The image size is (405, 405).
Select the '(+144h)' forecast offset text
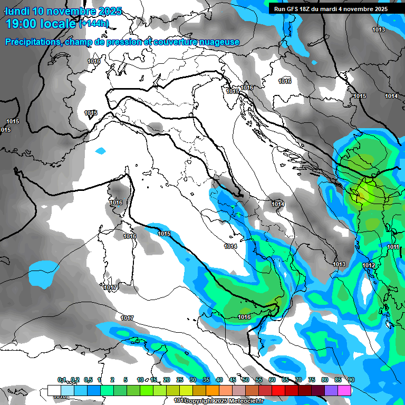pyautogui.click(x=94, y=23)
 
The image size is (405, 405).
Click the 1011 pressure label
pyautogui.click(x=393, y=247)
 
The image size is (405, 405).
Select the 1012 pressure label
pyautogui.click(x=369, y=265)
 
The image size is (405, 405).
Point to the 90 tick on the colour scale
pyautogui.click(x=351, y=380)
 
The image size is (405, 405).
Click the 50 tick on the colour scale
pyautogui.click(x=246, y=380)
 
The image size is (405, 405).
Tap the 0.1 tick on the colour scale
pyautogui.click(x=62, y=380)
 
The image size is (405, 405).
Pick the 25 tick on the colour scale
pyautogui.click(x=180, y=380)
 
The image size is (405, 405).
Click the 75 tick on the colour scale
pyautogui.click(x=312, y=380)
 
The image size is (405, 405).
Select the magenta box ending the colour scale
pyautogui.click(x=344, y=390)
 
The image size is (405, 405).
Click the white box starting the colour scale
pyautogui.click(x=54, y=390)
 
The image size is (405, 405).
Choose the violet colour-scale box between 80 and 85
pyautogui.click(x=331, y=390)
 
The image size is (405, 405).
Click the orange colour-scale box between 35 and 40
pyautogui.click(x=213, y=390)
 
